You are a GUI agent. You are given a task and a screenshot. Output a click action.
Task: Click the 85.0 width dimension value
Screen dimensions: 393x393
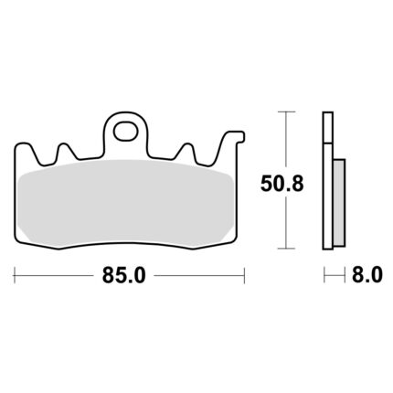click(124, 275)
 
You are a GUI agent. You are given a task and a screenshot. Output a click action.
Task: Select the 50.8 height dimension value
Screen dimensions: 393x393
click(282, 184)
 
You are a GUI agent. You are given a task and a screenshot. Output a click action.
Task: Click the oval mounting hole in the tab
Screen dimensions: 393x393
click(125, 131)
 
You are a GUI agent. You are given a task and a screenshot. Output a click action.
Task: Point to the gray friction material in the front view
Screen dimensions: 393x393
click(125, 203)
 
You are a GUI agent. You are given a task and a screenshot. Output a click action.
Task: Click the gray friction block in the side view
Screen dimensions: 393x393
click(339, 202)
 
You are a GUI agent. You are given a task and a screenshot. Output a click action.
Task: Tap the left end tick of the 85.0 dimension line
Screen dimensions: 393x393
click(15, 275)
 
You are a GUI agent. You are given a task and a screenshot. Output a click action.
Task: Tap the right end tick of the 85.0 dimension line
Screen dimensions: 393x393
click(244, 275)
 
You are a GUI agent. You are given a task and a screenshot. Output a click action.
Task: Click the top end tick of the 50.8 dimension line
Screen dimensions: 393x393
click(286, 112)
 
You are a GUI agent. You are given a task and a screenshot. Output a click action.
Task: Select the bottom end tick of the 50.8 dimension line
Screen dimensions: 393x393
click(286, 249)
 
